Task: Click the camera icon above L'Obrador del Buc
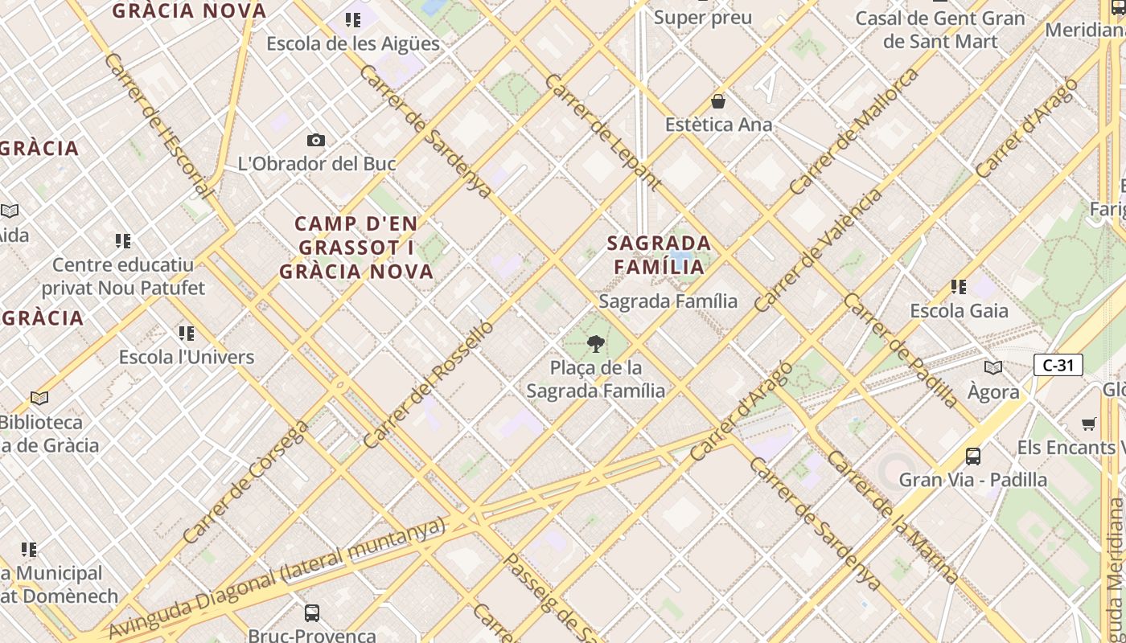316,141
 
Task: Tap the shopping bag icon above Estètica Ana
717,101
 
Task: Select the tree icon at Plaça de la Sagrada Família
596,345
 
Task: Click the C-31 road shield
1058,365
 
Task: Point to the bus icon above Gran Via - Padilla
973,457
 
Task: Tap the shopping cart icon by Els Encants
1089,424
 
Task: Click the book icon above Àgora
993,368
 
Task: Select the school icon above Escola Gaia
958,286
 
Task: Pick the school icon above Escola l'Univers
187,333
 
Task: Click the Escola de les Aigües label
353,43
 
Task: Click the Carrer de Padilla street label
901,350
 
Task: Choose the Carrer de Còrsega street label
245,481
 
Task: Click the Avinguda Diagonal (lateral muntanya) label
277,576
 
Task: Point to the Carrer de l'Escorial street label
158,126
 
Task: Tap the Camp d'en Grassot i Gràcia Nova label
357,248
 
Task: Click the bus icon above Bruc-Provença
312,613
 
